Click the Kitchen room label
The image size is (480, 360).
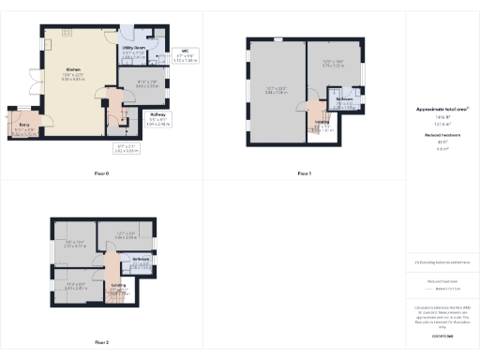coord(72,69)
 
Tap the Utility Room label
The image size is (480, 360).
coord(133,46)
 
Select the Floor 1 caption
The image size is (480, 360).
coord(303,173)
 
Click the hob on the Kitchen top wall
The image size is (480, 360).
coord(67,33)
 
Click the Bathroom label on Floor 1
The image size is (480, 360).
coord(344,99)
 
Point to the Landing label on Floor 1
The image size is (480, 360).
coord(322,121)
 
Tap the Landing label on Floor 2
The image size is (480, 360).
coord(118,284)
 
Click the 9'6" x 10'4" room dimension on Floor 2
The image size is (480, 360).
coord(74,245)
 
